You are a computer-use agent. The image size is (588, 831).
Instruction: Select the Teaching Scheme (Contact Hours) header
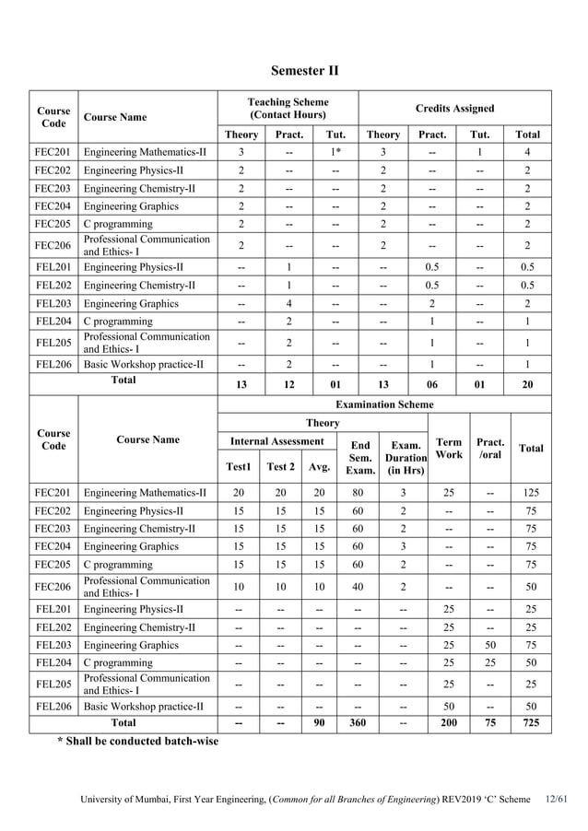click(x=288, y=108)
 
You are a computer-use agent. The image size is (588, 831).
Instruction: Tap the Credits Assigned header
click(x=454, y=108)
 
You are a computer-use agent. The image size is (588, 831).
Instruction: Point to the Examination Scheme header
click(x=383, y=404)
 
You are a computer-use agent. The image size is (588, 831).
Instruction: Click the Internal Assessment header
click(x=276, y=441)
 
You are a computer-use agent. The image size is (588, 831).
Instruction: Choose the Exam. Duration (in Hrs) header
click(x=406, y=457)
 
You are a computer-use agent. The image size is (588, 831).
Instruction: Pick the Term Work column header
click(x=449, y=449)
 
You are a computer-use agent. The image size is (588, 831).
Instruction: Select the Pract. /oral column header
click(x=489, y=449)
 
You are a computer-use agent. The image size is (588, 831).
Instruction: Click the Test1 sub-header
click(x=238, y=466)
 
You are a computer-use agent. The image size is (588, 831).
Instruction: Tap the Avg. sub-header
click(x=318, y=466)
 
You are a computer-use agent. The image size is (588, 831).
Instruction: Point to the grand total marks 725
click(x=531, y=723)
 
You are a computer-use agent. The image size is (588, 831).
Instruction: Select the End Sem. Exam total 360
click(x=358, y=723)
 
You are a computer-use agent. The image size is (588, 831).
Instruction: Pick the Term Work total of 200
click(x=449, y=723)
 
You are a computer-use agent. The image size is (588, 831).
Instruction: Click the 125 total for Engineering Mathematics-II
click(x=531, y=493)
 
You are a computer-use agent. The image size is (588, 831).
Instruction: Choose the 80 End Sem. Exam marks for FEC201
click(x=358, y=493)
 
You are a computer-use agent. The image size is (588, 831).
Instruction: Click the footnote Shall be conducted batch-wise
click(x=138, y=742)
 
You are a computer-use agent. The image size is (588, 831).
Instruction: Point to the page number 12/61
click(x=556, y=799)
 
